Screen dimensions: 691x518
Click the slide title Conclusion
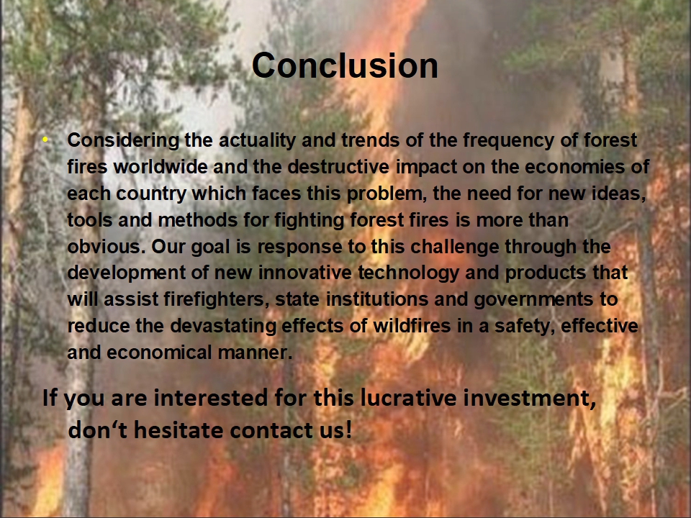(x=345, y=65)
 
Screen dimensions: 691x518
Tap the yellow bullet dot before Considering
(x=45, y=140)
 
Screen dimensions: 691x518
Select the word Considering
(x=123, y=141)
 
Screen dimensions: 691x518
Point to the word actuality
(x=257, y=141)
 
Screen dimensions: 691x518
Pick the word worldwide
(x=161, y=167)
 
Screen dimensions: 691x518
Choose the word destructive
(x=338, y=167)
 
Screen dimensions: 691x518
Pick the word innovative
(x=305, y=273)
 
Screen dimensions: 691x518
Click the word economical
(x=159, y=353)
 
